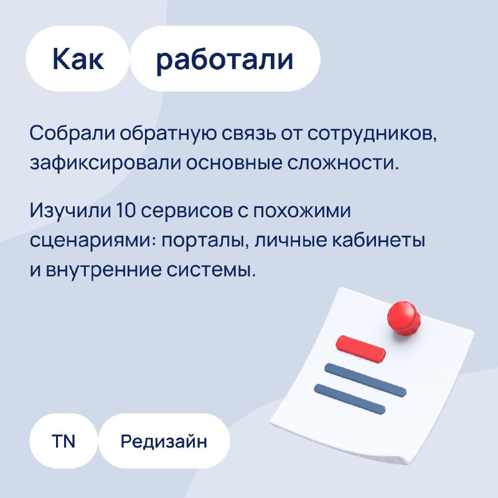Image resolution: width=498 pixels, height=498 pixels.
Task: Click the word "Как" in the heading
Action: pyautogui.click(x=78, y=59)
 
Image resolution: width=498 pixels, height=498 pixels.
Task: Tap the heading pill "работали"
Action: pyautogui.click(x=225, y=59)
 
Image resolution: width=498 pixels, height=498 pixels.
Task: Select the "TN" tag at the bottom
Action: pyautogui.click(x=63, y=441)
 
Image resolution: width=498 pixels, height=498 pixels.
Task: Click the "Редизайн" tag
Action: pyautogui.click(x=164, y=441)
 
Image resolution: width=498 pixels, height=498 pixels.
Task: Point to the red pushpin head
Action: pyautogui.click(x=403, y=318)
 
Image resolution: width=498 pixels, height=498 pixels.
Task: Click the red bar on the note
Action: pyautogui.click(x=361, y=349)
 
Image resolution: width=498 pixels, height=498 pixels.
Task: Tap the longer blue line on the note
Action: pyautogui.click(x=365, y=380)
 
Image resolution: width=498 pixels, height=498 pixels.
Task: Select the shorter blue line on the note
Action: pyautogui.click(x=350, y=399)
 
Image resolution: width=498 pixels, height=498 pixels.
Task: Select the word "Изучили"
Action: pyautogui.click(x=70, y=211)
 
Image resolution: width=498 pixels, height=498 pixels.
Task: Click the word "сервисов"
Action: pyautogui.click(x=187, y=211)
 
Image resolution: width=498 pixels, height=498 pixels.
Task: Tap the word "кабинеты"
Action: pyautogui.click(x=378, y=240)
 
